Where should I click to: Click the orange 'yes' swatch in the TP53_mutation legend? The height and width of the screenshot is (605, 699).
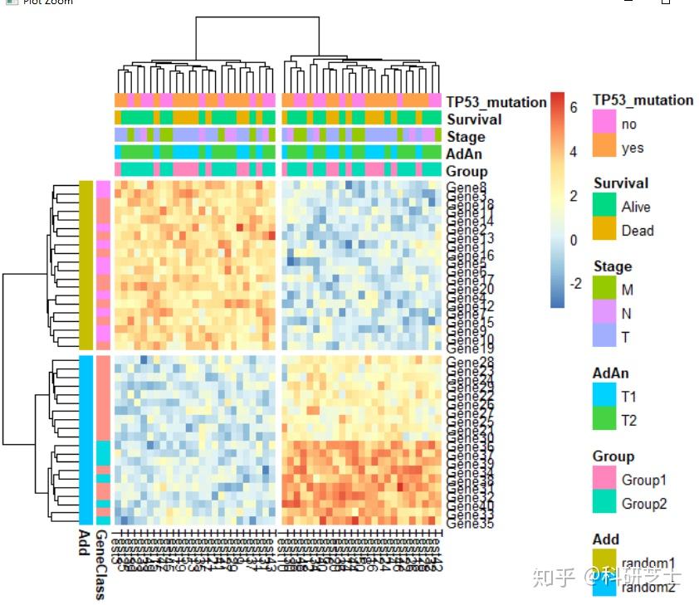[x=604, y=148]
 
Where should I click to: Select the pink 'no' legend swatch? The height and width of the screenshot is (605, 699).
[x=604, y=124]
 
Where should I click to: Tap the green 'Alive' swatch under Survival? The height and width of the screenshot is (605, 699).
[x=604, y=207]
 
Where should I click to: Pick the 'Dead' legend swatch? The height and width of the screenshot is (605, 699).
[x=604, y=230]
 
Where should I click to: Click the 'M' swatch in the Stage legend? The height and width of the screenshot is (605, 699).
[x=604, y=290]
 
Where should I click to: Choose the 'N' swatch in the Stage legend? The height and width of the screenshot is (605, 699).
[x=604, y=313]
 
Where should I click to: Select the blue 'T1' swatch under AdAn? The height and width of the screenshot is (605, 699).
[x=604, y=397]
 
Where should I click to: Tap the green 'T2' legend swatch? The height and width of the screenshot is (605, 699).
[x=604, y=420]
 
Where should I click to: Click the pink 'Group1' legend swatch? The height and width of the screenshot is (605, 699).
[x=604, y=480]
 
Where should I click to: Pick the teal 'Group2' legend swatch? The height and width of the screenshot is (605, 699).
[x=604, y=503]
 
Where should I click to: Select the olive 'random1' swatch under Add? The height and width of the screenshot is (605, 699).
[x=604, y=562]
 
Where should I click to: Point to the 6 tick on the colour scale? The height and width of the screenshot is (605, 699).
[x=573, y=108]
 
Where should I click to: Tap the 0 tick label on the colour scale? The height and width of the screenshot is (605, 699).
[x=573, y=240]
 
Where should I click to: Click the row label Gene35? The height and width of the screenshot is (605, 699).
[x=470, y=524]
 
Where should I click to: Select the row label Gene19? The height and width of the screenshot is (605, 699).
[x=470, y=349]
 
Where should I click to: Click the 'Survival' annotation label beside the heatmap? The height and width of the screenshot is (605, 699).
[x=474, y=120]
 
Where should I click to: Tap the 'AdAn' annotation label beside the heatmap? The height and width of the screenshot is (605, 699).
[x=464, y=154]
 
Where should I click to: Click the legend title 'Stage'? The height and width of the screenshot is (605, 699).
[x=613, y=266]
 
